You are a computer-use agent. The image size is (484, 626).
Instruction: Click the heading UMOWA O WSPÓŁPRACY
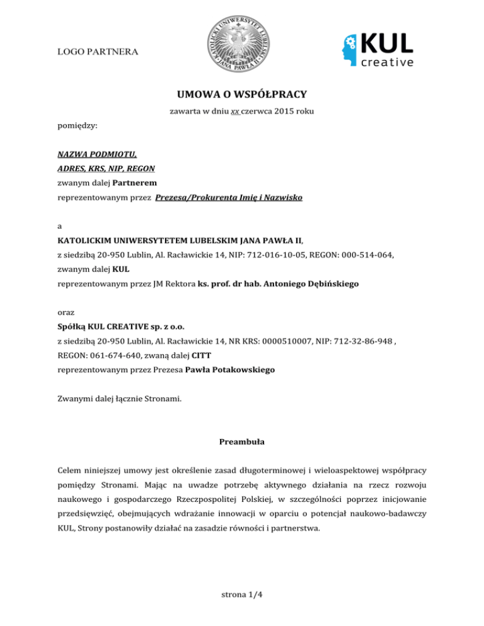(242, 94)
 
